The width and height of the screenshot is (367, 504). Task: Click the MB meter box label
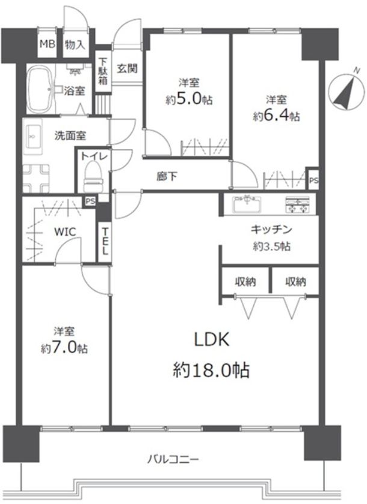(48, 44)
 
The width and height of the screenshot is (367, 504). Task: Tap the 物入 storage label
(75, 45)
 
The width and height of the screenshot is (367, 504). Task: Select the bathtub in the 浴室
(40, 89)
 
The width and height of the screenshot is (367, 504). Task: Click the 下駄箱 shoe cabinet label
(103, 71)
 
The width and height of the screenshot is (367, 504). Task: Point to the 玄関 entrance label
(127, 68)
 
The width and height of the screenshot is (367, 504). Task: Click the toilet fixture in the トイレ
(93, 177)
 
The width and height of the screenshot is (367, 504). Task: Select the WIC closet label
(65, 232)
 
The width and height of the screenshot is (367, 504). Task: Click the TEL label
(105, 241)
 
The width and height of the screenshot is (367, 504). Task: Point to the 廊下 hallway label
(167, 176)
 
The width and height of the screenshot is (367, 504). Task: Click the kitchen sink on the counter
(247, 204)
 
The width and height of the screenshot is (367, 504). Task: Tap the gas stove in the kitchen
(297, 205)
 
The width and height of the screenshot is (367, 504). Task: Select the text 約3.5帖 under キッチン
(271, 246)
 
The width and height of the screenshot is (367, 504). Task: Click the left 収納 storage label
(245, 281)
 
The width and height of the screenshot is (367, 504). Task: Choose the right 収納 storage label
(295, 281)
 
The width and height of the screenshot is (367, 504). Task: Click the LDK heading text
(212, 339)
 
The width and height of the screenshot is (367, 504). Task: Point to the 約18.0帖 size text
(211, 370)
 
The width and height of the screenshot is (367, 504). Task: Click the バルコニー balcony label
(173, 459)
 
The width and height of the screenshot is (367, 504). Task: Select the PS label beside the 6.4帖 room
(313, 180)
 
